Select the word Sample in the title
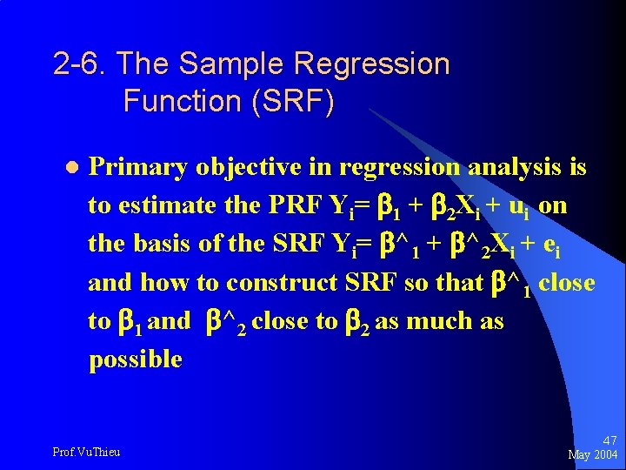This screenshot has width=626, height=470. click(x=235, y=64)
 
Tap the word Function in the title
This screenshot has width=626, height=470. click(x=182, y=101)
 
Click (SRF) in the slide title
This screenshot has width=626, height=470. click(x=292, y=101)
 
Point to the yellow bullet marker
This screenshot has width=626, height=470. click(x=72, y=167)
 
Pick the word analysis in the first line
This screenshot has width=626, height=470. click(x=519, y=166)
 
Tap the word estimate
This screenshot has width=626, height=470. click(x=178, y=205)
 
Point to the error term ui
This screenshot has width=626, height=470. click(x=519, y=207)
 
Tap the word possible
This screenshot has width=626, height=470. click(x=136, y=359)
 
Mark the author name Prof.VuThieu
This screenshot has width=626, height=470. click(x=86, y=452)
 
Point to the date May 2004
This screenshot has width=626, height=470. click(x=592, y=455)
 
